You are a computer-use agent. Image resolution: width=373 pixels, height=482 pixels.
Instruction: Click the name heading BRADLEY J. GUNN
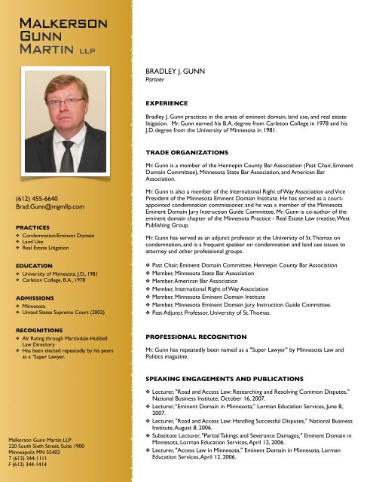(x=175, y=69)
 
